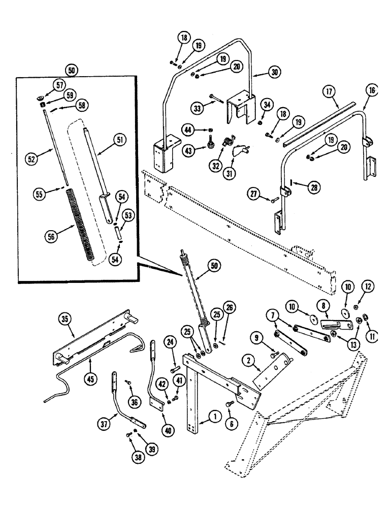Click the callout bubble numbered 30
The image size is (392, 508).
275,73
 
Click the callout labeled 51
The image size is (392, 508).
120,139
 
